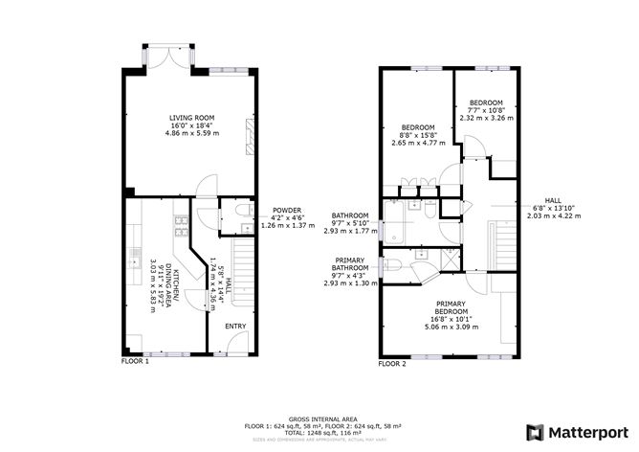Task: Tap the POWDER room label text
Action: (287, 210)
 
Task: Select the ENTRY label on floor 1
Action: (235, 327)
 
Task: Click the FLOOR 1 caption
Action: (135, 363)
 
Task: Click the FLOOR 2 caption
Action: (392, 364)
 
